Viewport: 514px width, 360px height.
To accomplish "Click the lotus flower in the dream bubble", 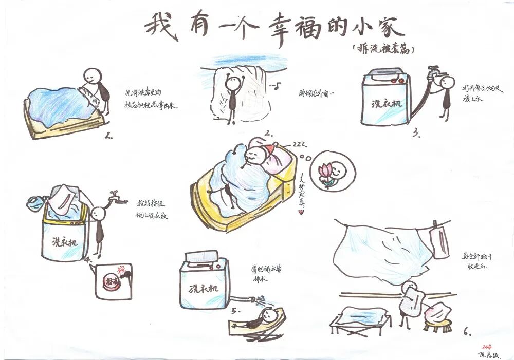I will point(326,172).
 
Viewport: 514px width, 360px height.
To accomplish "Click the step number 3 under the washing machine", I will point(416,134).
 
